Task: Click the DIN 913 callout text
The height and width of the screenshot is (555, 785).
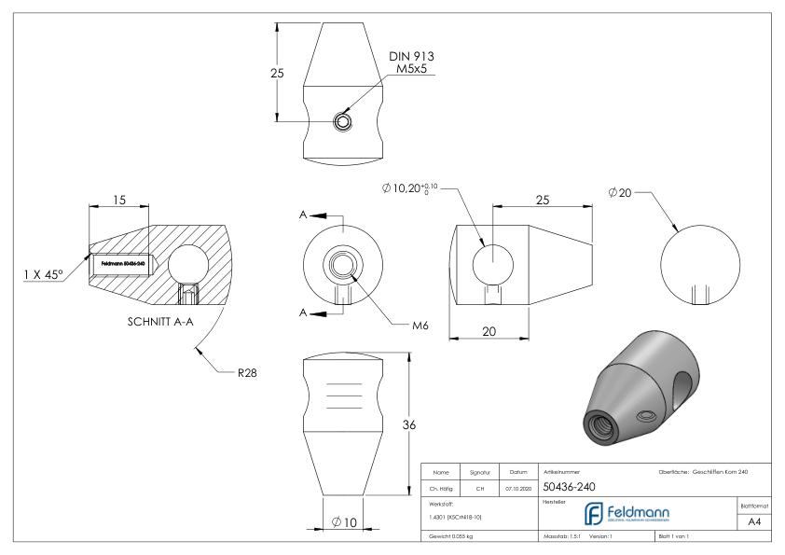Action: tap(411, 57)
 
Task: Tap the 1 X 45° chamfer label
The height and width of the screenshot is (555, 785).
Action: tap(44, 274)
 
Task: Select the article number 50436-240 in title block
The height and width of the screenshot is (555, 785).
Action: tap(570, 487)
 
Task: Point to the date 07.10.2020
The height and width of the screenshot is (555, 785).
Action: tap(517, 487)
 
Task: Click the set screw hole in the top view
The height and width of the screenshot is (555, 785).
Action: tap(344, 121)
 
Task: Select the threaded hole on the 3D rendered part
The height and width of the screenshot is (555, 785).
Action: tap(594, 423)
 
